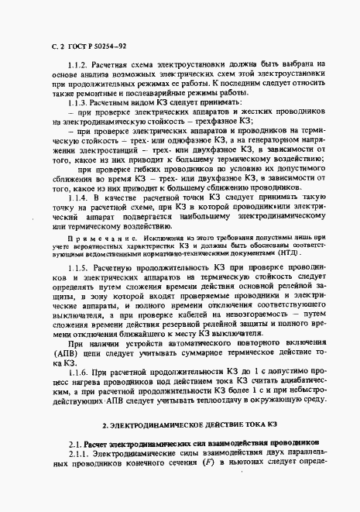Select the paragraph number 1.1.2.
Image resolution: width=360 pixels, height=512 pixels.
(81, 65)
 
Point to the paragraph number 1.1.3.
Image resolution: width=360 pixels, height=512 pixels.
(81, 102)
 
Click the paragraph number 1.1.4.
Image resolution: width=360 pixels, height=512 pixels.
(81, 197)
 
